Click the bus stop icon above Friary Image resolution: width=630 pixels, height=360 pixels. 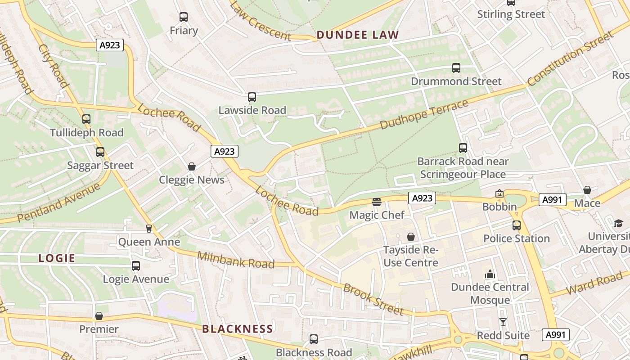183,17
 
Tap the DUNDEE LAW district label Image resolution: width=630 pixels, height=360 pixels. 357,35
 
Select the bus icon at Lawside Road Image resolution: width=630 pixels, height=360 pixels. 252,97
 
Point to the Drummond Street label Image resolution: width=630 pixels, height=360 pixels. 456,81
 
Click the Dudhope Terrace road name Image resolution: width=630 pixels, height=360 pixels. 424,114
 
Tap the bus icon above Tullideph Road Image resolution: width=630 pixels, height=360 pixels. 86,119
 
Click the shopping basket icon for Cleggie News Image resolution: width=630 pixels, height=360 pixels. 192,166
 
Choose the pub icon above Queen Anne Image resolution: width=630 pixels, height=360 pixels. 149,229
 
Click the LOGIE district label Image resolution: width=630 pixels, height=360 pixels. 57,258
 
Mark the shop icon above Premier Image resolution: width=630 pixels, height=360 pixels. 99,316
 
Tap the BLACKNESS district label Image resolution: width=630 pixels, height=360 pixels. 237,329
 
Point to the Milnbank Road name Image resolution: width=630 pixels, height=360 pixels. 236,260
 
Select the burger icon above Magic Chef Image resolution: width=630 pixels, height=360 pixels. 377,202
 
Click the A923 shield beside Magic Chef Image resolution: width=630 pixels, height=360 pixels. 422,198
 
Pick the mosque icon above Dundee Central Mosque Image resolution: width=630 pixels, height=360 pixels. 490,274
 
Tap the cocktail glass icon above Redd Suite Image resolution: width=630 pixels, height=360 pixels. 503,322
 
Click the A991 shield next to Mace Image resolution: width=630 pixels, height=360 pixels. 552,200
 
